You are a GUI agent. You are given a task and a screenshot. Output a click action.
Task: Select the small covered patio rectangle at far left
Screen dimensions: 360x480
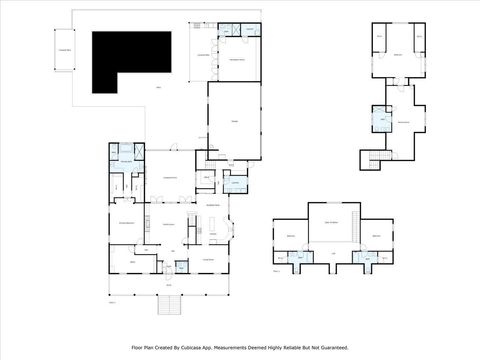pos(63,50)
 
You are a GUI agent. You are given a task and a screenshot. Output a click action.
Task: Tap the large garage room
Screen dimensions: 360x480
pos(236,120)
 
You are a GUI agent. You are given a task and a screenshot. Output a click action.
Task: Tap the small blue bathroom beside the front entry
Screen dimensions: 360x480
pos(181,266)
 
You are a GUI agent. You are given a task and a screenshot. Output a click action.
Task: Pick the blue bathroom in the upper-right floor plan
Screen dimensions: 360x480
pos(381,121)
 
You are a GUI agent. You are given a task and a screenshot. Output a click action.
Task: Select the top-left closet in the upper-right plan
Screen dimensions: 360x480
pos(380,40)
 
